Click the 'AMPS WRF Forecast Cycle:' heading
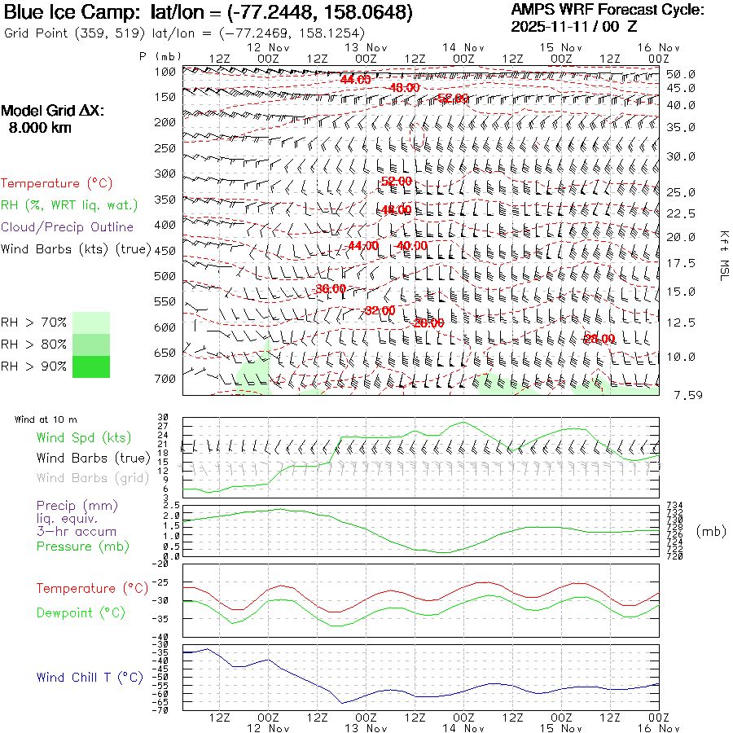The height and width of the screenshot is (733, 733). pos(607,10)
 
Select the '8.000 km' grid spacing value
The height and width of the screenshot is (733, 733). pos(40,128)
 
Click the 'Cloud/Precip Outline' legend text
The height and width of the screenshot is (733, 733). pos(68,226)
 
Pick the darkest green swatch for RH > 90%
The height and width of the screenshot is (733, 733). pos(90,367)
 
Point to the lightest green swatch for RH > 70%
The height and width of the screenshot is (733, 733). pos(90,323)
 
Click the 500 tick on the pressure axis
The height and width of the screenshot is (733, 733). pos(165,276)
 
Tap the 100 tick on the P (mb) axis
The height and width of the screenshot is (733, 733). pos(165,72)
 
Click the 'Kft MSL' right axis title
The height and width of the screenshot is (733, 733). pos(722,256)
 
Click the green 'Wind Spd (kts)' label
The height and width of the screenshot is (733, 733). pos(84,438)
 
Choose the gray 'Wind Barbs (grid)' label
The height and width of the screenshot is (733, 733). pos(93,478)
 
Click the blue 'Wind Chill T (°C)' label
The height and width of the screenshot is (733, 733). pos(90,677)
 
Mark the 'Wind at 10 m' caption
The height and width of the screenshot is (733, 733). pos(46,419)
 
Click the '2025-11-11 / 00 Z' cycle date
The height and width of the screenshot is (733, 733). pos(574,26)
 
